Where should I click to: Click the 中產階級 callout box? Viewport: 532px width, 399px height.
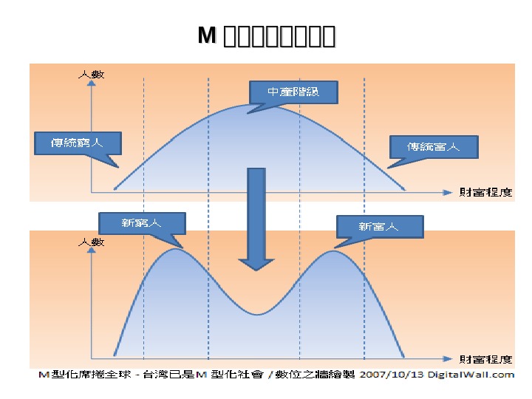293,92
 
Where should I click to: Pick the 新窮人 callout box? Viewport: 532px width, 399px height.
141,224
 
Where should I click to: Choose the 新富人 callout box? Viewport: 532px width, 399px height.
379,226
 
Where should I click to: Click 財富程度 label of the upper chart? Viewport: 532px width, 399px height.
485,192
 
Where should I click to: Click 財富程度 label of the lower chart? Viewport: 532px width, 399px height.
485,360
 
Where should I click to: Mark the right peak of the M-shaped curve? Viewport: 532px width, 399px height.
334,252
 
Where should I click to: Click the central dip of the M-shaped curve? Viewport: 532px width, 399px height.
256,314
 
